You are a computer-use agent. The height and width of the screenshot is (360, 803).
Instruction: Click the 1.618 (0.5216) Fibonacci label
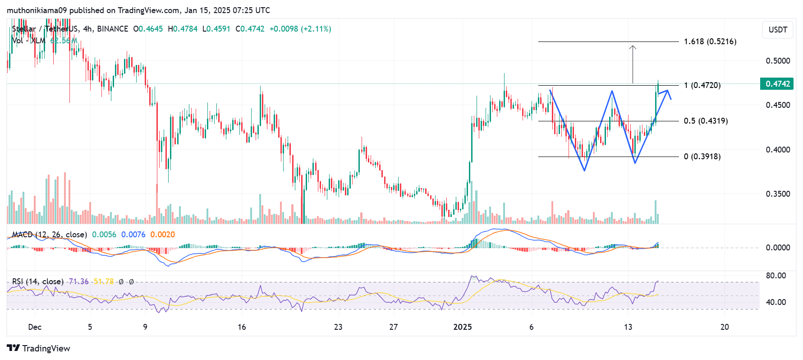(x=710, y=42)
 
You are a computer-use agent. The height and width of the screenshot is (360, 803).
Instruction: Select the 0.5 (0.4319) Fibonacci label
(x=705, y=121)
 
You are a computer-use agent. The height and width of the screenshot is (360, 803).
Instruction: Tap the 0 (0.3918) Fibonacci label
(x=702, y=157)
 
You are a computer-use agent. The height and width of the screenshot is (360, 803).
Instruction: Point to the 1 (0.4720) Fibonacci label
(x=702, y=85)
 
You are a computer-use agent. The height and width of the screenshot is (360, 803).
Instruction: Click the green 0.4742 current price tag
(x=777, y=84)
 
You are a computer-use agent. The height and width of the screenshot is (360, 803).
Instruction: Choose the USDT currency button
(x=777, y=30)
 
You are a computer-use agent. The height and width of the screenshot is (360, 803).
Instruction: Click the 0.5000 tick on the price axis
(x=778, y=61)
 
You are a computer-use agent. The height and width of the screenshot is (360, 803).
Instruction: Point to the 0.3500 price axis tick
(x=778, y=194)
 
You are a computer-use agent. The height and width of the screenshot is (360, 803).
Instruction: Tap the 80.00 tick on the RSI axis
(x=775, y=276)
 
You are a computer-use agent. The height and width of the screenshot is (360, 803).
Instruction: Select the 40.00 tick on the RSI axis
(x=775, y=302)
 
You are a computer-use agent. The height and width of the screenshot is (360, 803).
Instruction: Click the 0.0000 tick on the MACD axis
(x=778, y=248)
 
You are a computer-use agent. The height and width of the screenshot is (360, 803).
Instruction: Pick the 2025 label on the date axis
(x=463, y=327)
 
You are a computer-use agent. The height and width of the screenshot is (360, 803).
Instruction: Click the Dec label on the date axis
(x=35, y=327)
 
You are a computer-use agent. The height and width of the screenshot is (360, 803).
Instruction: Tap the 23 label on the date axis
(x=338, y=327)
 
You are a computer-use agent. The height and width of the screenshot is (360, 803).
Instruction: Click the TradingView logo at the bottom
(x=39, y=348)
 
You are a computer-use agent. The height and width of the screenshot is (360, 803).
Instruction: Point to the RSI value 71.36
(x=78, y=282)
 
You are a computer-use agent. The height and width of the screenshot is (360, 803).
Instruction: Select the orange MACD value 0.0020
(x=162, y=235)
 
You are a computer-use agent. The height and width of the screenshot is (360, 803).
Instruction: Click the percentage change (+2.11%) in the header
(x=316, y=29)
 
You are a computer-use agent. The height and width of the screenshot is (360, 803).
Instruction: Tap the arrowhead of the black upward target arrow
(x=633, y=47)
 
